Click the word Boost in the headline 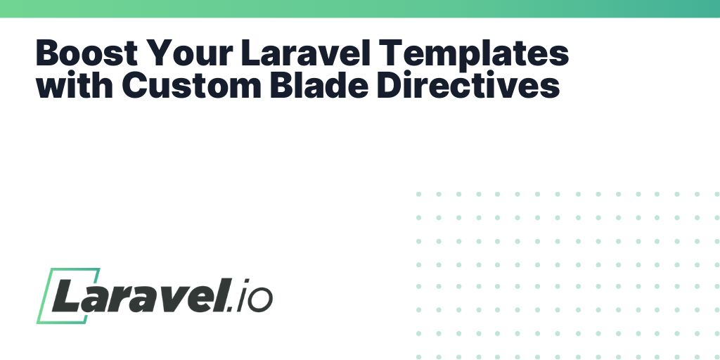click(86, 53)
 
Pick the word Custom click(191, 85)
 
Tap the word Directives click(468, 85)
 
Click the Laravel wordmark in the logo click(139, 295)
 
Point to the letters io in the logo click(255, 295)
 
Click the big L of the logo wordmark click(69, 295)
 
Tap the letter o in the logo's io click(262, 300)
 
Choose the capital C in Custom click(134, 85)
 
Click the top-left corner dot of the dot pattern click(419, 194)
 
